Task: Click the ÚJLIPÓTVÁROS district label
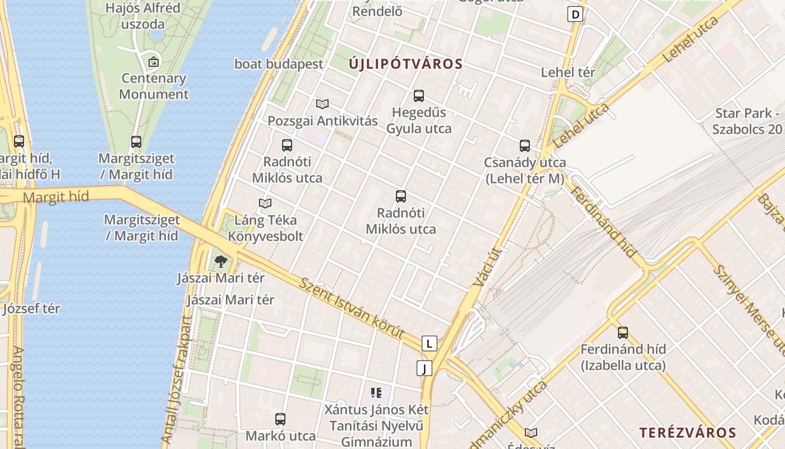click(x=406, y=64)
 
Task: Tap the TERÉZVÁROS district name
click(x=687, y=433)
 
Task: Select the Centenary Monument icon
click(x=153, y=62)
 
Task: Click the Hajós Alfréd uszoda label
click(x=143, y=16)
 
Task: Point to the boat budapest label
click(x=279, y=64)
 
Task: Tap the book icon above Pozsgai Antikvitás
click(x=322, y=104)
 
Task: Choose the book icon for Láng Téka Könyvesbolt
click(x=265, y=203)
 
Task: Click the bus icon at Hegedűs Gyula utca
click(x=419, y=96)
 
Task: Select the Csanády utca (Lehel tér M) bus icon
click(x=525, y=146)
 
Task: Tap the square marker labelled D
click(x=575, y=14)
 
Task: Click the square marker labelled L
click(x=429, y=343)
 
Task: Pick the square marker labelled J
click(x=425, y=368)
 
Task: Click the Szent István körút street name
click(x=352, y=308)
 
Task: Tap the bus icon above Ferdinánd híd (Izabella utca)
click(x=623, y=333)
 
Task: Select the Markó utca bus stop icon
click(x=280, y=419)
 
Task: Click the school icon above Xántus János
click(x=376, y=393)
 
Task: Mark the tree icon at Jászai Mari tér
click(x=221, y=261)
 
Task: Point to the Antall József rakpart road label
click(x=176, y=382)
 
